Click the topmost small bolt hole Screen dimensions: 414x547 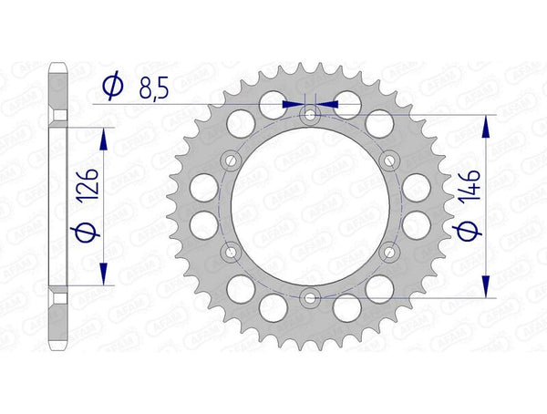coord(310,115)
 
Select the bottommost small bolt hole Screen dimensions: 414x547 coord(310,297)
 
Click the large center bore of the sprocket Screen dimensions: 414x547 coord(310,206)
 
